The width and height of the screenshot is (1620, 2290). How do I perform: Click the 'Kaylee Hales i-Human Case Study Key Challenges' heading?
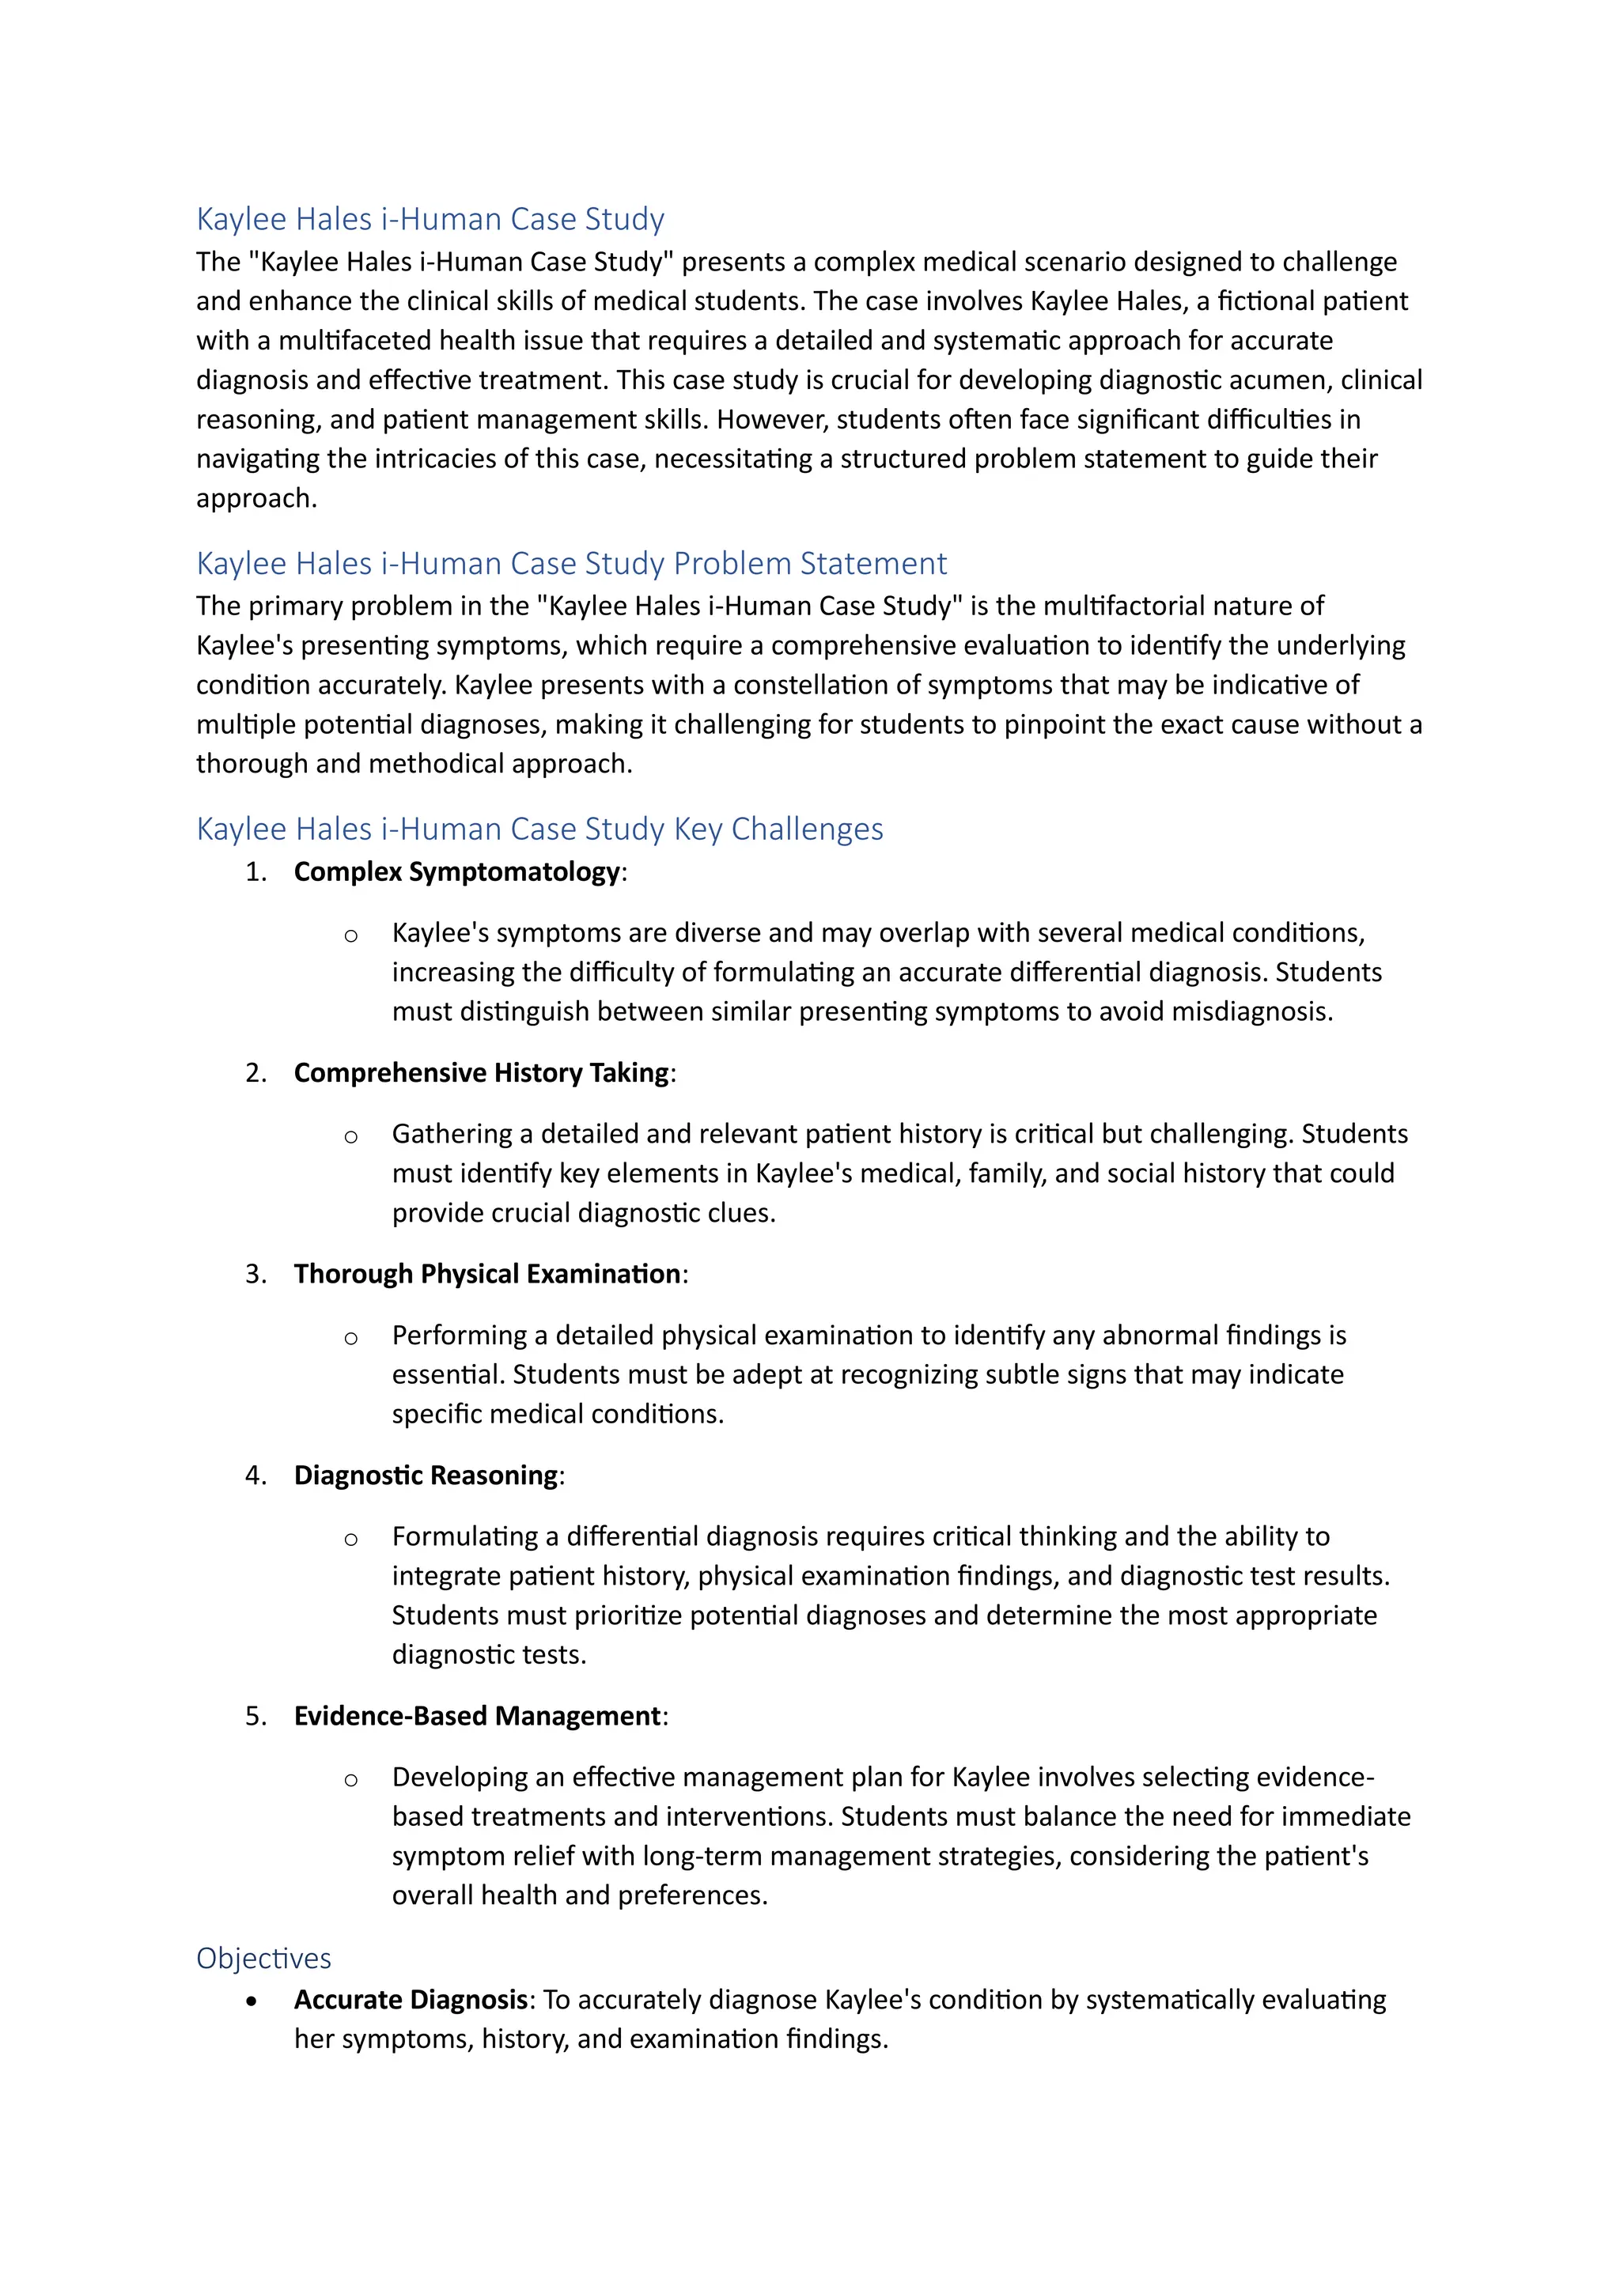(x=539, y=829)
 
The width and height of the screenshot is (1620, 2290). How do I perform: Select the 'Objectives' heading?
(x=263, y=1958)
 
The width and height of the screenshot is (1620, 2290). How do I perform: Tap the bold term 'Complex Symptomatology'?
(x=457, y=871)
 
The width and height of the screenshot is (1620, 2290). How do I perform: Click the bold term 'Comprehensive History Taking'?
(x=481, y=1073)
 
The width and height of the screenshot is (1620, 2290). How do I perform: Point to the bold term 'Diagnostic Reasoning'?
(x=426, y=1475)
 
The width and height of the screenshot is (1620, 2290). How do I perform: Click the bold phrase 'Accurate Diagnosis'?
(x=410, y=2000)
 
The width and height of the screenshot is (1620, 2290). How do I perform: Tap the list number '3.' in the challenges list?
(x=256, y=1274)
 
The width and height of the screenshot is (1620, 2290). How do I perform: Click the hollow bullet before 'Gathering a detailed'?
(x=351, y=1136)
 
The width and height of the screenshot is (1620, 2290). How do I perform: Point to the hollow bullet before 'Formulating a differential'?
(x=351, y=1539)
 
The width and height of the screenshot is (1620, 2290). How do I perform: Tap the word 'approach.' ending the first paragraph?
(x=256, y=499)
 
